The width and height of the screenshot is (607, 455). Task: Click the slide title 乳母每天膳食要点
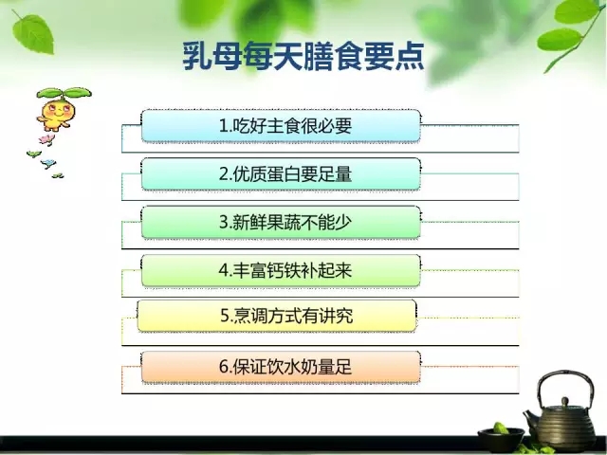(x=303, y=57)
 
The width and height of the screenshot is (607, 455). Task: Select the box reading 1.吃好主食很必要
(x=281, y=126)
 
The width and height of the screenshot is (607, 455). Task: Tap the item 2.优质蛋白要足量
(x=281, y=174)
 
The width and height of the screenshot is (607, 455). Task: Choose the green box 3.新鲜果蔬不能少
(x=281, y=223)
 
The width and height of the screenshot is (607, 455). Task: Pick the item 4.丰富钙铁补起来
(x=281, y=270)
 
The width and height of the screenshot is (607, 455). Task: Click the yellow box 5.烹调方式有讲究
(x=277, y=316)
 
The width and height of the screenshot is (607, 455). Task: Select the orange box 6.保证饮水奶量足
(x=281, y=367)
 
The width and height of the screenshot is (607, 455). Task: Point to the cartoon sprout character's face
(x=57, y=112)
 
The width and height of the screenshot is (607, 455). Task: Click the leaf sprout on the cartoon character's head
(x=64, y=93)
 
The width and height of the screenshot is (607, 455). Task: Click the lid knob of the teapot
(x=565, y=401)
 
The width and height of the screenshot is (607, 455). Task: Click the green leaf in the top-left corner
(x=33, y=33)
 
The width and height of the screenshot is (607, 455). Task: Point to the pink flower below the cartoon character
(x=46, y=139)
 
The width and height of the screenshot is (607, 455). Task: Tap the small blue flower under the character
(x=48, y=163)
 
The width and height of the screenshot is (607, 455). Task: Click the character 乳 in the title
(x=197, y=57)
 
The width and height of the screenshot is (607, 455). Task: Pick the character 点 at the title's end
(x=410, y=57)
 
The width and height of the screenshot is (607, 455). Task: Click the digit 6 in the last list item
(x=224, y=367)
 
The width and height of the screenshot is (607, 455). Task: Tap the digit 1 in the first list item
(x=224, y=126)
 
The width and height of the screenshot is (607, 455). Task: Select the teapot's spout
(x=529, y=419)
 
